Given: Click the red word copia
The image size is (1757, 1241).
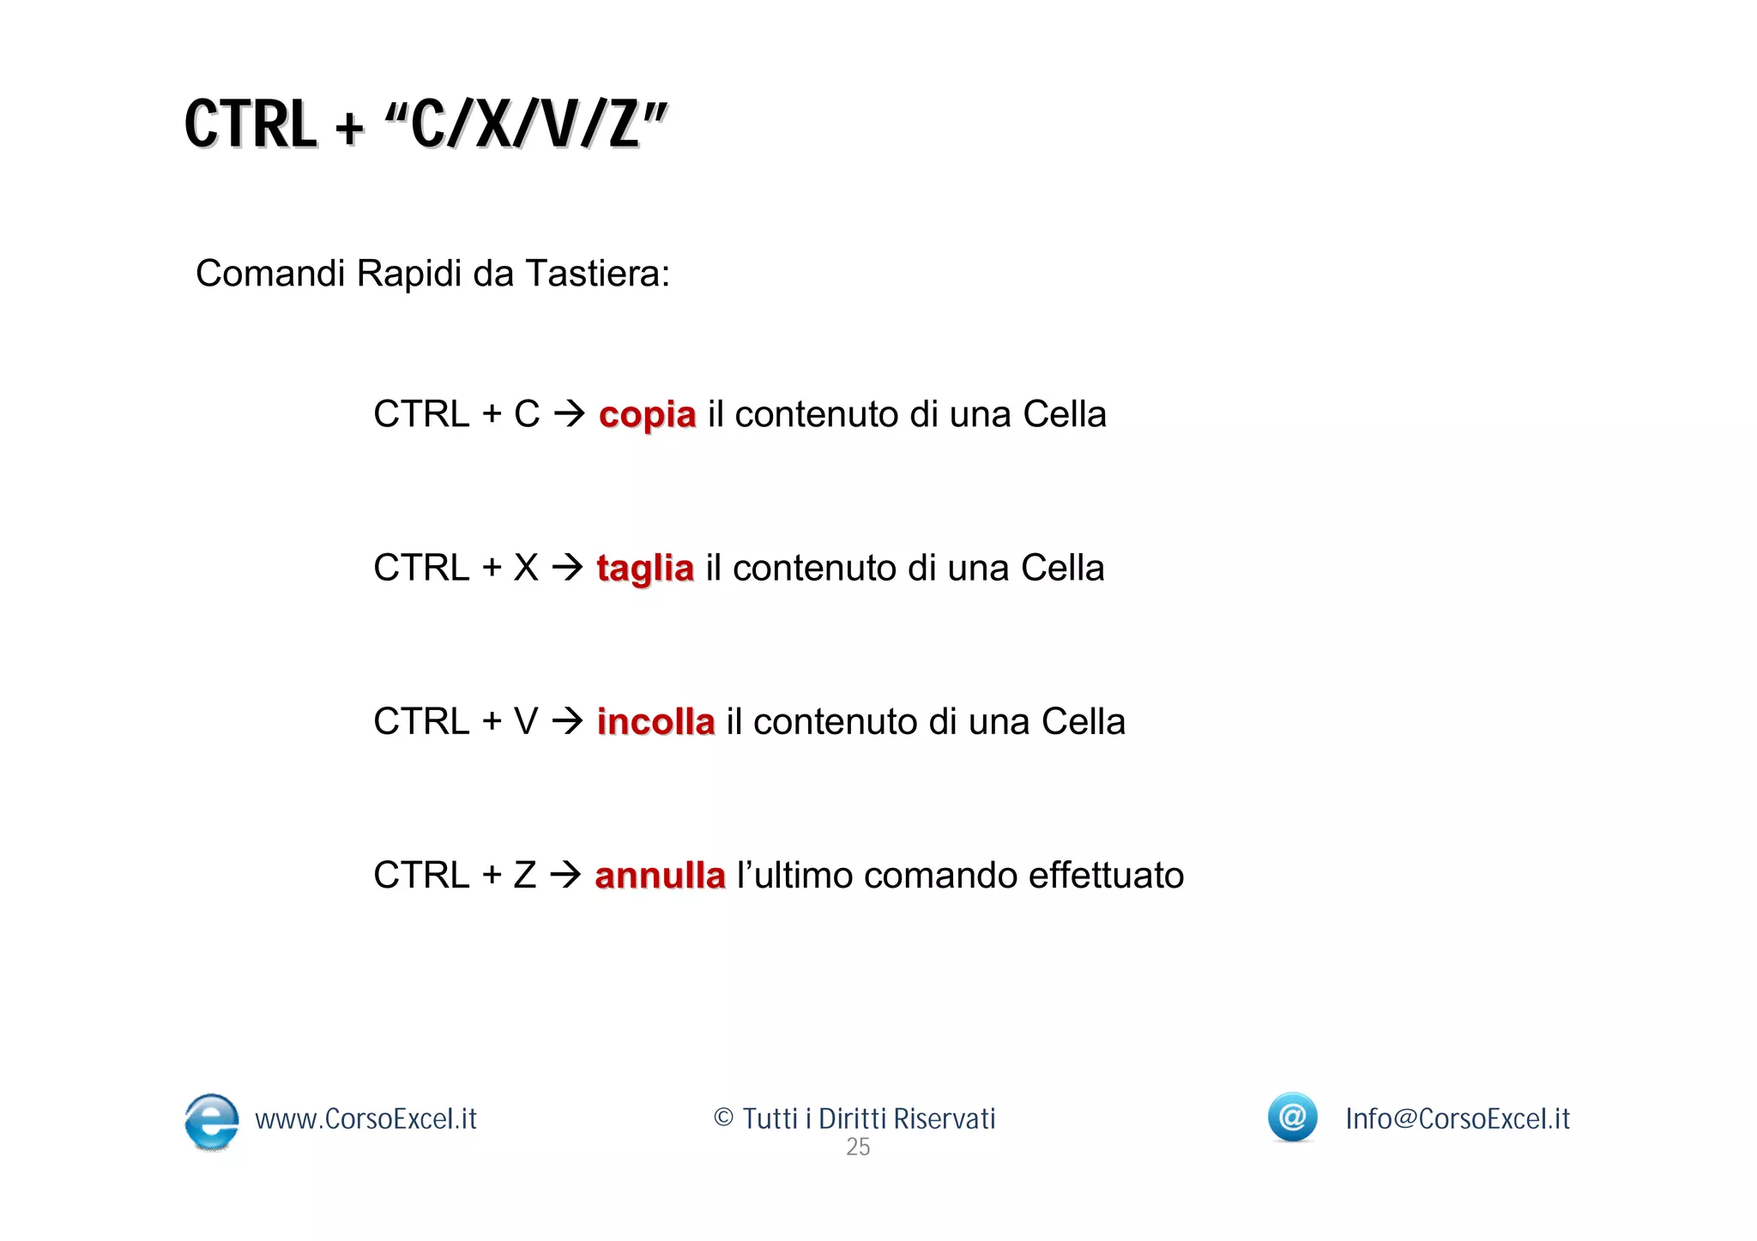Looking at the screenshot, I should coord(647,415).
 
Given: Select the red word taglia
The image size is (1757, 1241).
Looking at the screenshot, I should coord(644,569).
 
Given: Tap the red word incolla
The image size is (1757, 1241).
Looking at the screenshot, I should coord(655,722).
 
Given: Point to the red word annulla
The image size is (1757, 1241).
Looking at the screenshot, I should coord(660,876).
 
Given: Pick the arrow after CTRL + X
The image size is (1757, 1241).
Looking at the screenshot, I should coord(567,568).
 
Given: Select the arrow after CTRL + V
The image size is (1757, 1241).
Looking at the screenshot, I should coord(567,721).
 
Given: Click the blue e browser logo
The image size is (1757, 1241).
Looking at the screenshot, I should coord(212,1121).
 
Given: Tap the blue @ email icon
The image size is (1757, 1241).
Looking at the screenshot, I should coord(1292,1117).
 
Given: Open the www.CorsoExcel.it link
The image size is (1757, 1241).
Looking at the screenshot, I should coord(365,1119).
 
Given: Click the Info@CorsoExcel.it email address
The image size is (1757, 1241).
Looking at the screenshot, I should coord(1457,1119).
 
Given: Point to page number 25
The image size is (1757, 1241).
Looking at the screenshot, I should coord(858,1148).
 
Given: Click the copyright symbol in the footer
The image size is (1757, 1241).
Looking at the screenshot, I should coord(723,1118).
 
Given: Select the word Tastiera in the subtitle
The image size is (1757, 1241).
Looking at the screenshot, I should coord(597,274).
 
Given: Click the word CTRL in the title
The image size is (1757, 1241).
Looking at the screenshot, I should coord(251,125).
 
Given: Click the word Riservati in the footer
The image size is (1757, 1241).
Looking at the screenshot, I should coord(944,1119).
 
